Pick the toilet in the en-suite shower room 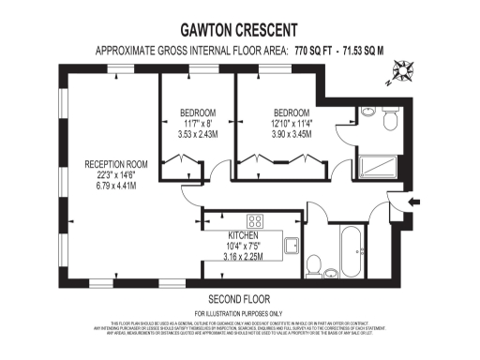pos(391,123)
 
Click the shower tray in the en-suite pos(381,165)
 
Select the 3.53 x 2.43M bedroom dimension pos(198,135)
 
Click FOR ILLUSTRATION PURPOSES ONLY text pos(239,312)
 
